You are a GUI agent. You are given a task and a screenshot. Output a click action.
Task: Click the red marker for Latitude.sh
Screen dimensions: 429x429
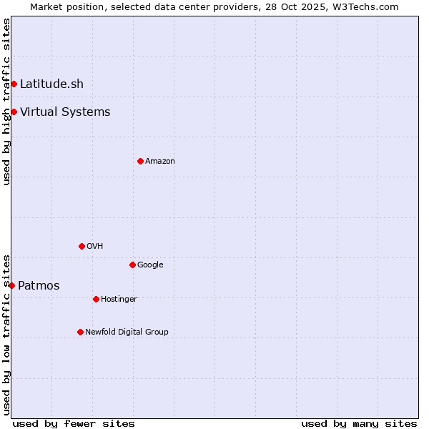click(14, 84)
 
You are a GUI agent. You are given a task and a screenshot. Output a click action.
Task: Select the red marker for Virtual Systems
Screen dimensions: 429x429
click(14, 112)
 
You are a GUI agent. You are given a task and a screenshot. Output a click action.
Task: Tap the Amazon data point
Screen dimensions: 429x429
click(140, 161)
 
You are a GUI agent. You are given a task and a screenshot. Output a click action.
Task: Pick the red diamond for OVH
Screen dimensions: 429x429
click(82, 246)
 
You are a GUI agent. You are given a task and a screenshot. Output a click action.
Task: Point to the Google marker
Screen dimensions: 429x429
click(132, 265)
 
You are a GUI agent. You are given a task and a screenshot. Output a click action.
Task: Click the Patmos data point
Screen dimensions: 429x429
click(11, 285)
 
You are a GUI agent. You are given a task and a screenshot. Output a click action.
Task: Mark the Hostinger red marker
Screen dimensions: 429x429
click(96, 299)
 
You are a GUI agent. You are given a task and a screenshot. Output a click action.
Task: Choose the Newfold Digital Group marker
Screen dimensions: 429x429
click(80, 332)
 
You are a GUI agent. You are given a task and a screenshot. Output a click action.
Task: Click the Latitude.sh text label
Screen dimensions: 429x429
click(51, 84)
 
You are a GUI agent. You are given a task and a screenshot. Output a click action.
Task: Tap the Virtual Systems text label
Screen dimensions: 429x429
click(65, 112)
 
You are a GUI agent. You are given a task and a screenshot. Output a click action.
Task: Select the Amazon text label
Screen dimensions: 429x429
click(160, 161)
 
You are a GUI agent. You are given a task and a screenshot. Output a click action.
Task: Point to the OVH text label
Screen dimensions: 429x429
click(95, 246)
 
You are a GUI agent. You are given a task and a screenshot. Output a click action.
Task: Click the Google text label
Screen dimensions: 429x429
click(150, 265)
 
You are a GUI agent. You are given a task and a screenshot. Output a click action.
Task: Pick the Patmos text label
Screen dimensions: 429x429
click(39, 286)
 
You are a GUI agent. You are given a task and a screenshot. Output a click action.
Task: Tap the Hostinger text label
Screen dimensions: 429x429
click(119, 299)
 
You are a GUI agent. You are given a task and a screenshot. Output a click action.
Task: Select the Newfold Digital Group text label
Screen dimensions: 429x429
click(127, 332)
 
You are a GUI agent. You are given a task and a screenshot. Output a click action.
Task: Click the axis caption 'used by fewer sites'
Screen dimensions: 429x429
click(74, 423)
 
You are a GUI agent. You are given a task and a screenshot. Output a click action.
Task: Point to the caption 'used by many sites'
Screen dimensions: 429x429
click(359, 423)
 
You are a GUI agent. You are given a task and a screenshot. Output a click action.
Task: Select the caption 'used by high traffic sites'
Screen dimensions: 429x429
click(6, 102)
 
